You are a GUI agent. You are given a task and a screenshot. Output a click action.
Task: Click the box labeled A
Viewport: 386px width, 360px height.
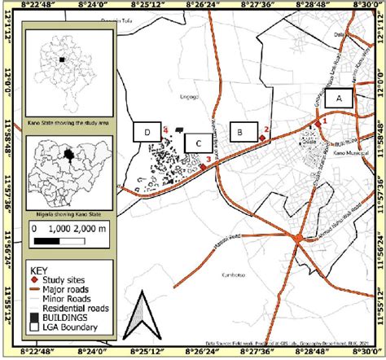[x=338, y=99]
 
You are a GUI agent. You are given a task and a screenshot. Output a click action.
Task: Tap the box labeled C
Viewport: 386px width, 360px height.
[x=198, y=143]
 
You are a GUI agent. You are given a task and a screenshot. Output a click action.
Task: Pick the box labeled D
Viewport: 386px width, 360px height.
[x=147, y=131]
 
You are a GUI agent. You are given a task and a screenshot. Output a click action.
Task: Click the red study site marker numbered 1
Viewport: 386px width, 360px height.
[x=316, y=124]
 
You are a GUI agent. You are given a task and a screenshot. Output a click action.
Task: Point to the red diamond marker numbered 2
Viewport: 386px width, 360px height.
[x=261, y=138]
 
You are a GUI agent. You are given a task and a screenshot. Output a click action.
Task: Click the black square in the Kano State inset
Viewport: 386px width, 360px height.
[x=60, y=59]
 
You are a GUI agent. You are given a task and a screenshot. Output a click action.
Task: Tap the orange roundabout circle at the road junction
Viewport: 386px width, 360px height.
[x=300, y=238]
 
